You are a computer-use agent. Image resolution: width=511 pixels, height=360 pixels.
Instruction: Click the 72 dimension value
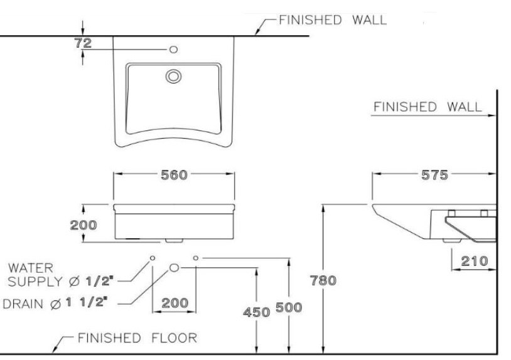coord(83,43)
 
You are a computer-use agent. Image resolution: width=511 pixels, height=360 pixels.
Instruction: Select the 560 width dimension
coord(175,176)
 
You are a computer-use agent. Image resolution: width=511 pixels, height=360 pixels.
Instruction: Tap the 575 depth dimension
coord(435,176)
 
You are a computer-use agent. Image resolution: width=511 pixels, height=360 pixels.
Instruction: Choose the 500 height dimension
coord(289,308)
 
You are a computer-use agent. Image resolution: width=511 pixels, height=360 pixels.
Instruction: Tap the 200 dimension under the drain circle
coord(175,303)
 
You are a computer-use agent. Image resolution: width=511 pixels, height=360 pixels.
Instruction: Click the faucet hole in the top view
coord(175,49)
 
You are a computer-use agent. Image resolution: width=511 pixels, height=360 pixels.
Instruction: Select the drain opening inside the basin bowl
coord(173,76)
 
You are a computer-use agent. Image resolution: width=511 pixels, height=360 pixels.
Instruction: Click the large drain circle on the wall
coord(175,268)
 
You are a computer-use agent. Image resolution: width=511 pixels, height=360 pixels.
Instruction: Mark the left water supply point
coord(152,258)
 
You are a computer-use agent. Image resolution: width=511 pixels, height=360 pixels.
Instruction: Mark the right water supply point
coord(196,258)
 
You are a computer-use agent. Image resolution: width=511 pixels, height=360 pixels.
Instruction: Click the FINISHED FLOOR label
coord(137,339)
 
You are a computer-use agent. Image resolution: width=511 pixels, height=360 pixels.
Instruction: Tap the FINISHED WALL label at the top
coord(333,19)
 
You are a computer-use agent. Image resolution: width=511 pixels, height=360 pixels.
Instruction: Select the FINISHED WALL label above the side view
coord(428,107)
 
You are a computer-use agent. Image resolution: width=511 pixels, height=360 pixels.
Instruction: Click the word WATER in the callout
coord(31,268)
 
